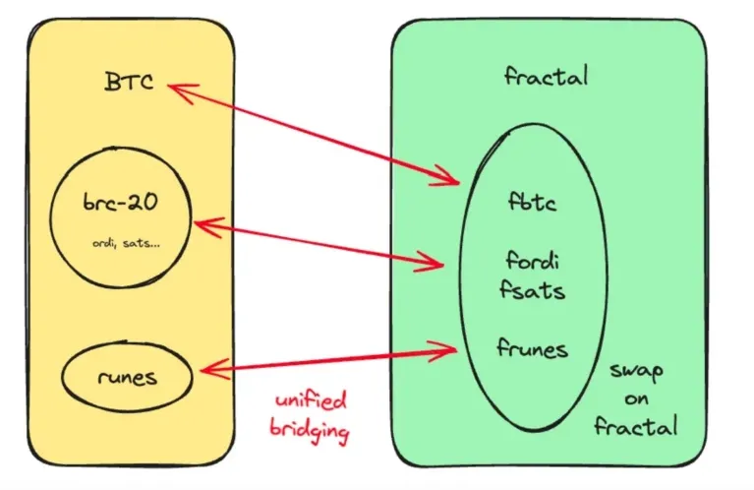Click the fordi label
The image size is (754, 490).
pyautogui.click(x=537, y=261)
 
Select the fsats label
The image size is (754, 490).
pyautogui.click(x=537, y=291)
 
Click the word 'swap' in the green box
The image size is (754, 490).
pyautogui.click(x=637, y=373)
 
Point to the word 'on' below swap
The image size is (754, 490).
pyautogui.click(x=638, y=400)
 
